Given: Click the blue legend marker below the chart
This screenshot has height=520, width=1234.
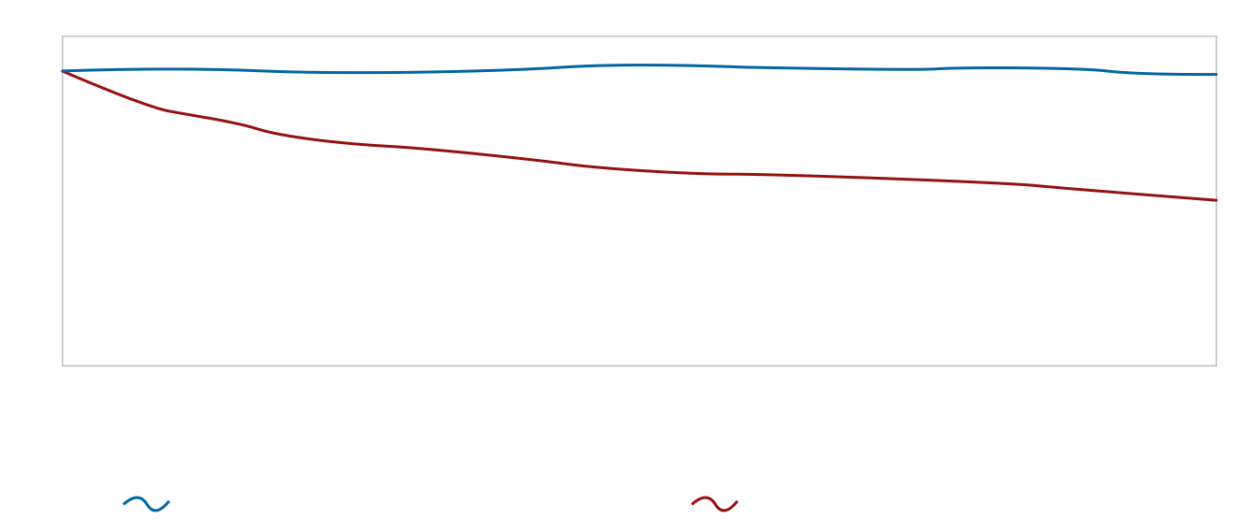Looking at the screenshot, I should [x=151, y=505].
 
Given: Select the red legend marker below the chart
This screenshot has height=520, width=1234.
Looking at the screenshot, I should [x=719, y=505].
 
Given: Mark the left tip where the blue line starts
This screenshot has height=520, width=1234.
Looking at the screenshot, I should [x=64, y=71].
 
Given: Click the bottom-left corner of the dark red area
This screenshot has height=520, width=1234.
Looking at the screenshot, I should [x=64, y=364].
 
